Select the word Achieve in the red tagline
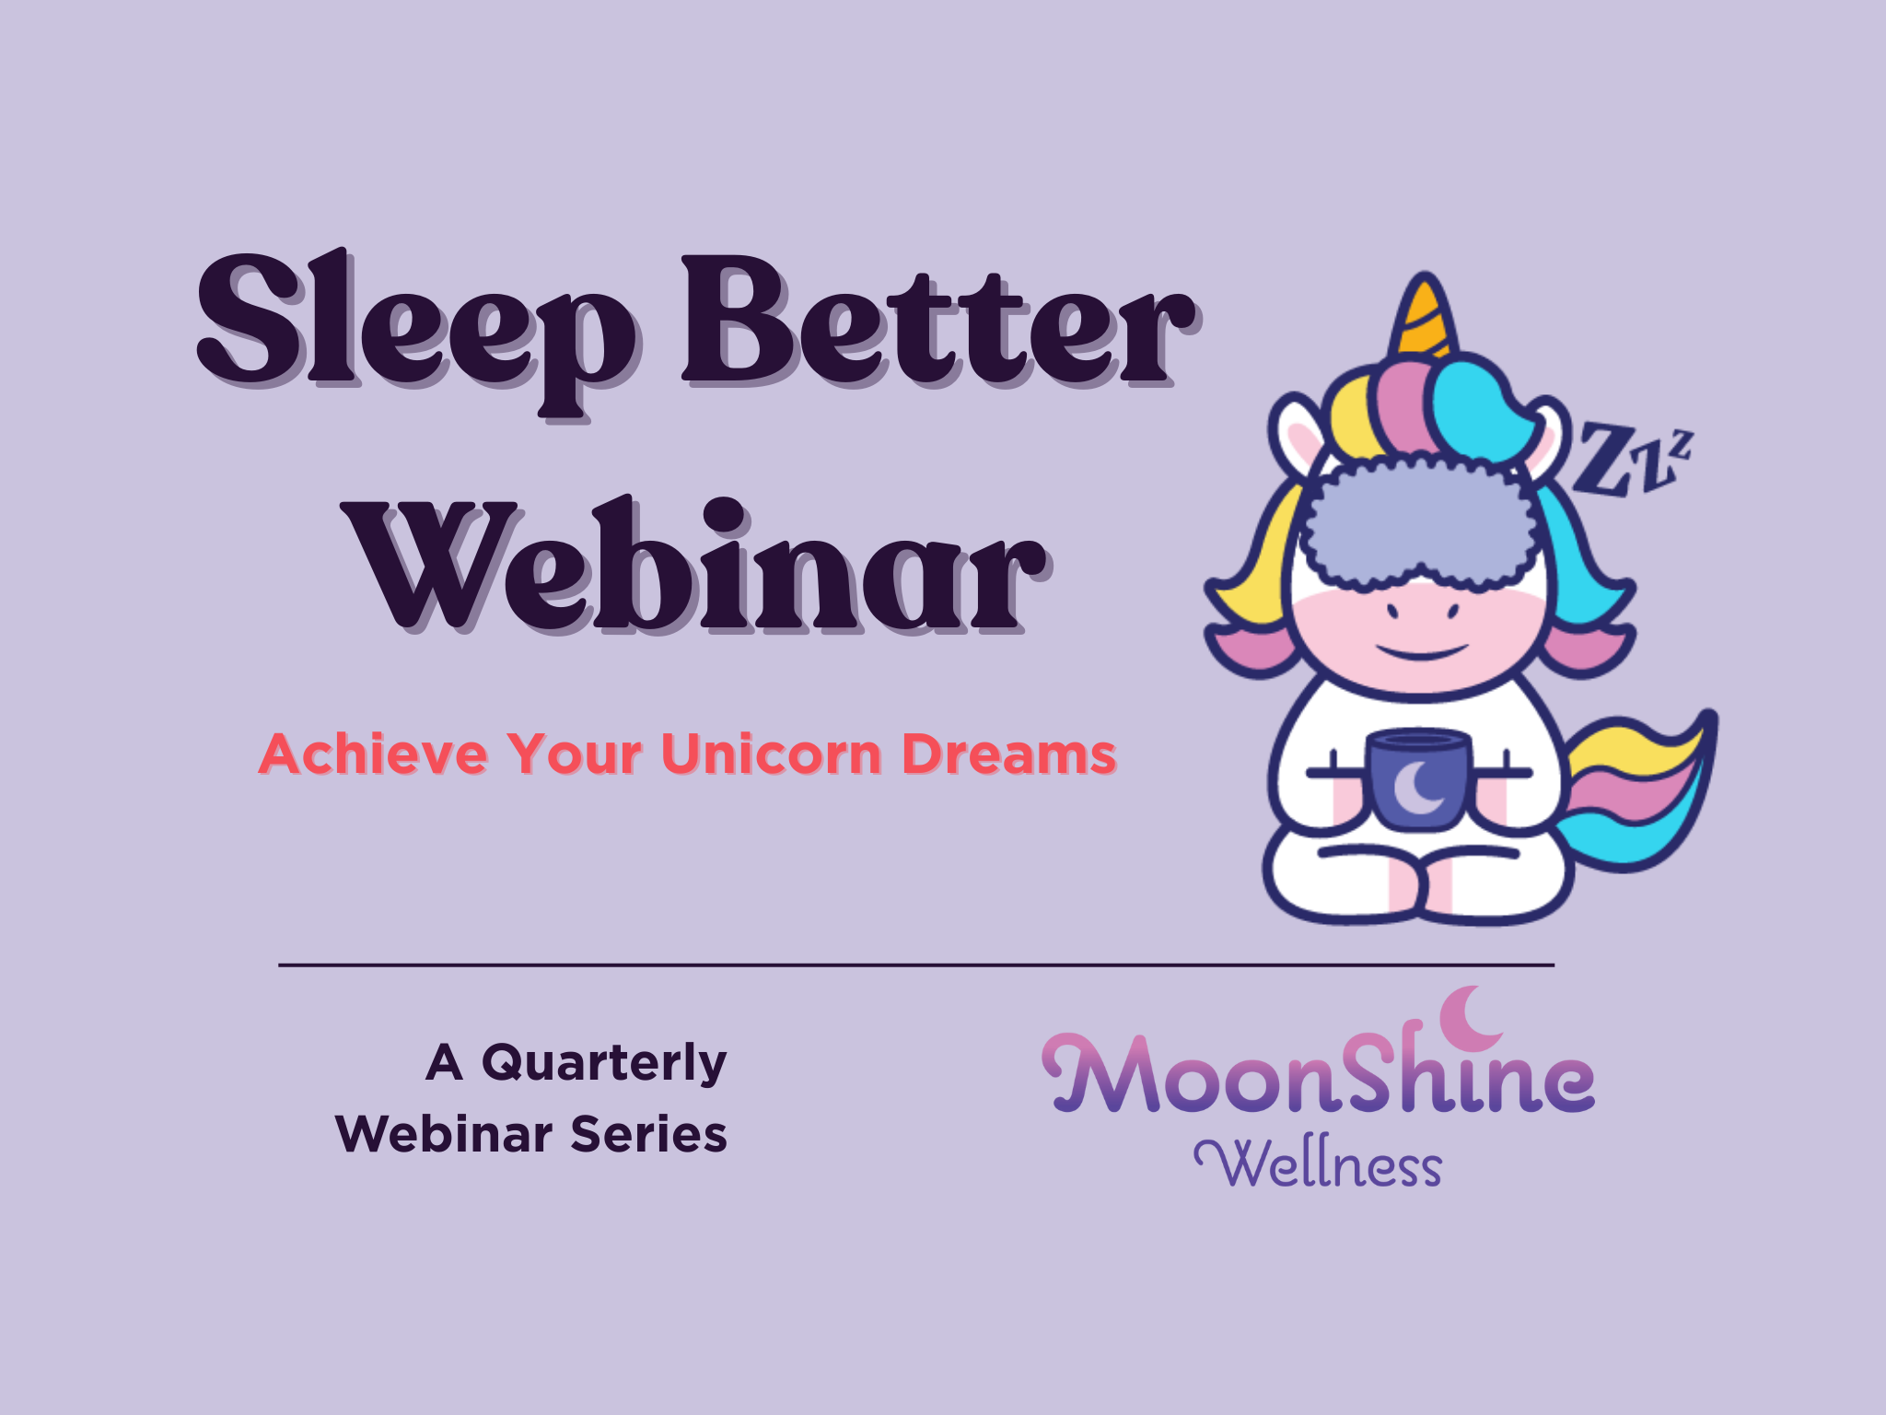(x=373, y=754)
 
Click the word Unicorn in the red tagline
(x=772, y=754)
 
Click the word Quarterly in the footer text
(x=604, y=1064)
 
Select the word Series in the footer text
(x=648, y=1134)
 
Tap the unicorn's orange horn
(x=1425, y=318)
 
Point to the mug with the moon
(x=1419, y=779)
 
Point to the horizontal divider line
(x=915, y=965)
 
